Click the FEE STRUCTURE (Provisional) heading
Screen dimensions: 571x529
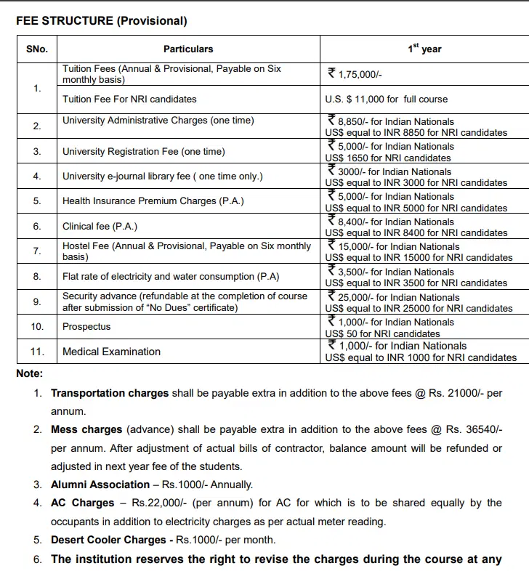pyautogui.click(x=102, y=21)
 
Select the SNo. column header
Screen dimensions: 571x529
pyautogui.click(x=37, y=49)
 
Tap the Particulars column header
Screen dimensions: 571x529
pyautogui.click(x=188, y=49)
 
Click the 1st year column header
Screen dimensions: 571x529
pyautogui.click(x=424, y=49)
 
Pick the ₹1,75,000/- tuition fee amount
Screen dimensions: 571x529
pyautogui.click(x=355, y=73)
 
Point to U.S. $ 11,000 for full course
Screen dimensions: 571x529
pyautogui.click(x=386, y=99)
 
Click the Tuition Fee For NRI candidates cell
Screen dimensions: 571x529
pyautogui.click(x=129, y=99)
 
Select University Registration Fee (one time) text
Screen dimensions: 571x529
pyautogui.click(x=144, y=151)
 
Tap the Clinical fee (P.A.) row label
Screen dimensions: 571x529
pyautogui.click(x=100, y=227)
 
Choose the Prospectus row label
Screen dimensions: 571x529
pyautogui.click(x=86, y=326)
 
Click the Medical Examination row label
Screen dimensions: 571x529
pyautogui.click(x=111, y=352)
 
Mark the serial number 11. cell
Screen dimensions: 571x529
pyautogui.click(x=37, y=352)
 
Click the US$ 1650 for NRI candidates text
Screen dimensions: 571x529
pyautogui.click(x=388, y=158)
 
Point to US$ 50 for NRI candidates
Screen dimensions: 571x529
pyautogui.click(x=382, y=334)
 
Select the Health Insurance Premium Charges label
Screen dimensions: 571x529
pyautogui.click(x=153, y=201)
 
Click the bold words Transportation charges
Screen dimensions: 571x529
pyautogui.click(x=110, y=393)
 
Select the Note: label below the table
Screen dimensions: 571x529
pyautogui.click(x=30, y=373)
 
